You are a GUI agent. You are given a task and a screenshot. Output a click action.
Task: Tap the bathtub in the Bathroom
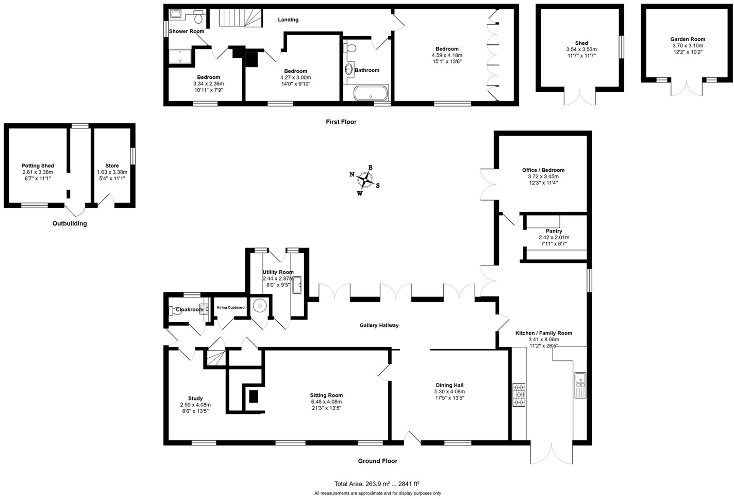tap(371, 94)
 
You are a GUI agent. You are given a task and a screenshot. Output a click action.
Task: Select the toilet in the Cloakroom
tap(172, 310)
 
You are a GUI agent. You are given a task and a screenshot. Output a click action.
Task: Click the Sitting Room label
tap(326, 395)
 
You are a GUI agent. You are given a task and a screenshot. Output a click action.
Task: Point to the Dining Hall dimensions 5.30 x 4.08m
tap(449, 392)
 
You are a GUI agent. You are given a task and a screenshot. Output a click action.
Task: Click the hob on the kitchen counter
tap(519, 395)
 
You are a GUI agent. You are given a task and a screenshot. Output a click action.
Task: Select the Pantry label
tap(554, 231)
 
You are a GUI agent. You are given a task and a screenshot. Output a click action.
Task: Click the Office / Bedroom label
tap(543, 170)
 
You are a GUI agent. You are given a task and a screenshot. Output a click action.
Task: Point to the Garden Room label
tap(688, 39)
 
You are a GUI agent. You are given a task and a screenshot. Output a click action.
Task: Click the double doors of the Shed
tap(580, 97)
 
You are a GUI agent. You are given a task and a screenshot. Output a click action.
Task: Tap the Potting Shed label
tap(38, 166)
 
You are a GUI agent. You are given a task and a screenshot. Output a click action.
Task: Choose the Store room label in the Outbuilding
tap(112, 166)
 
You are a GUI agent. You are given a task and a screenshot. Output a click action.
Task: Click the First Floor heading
tap(341, 122)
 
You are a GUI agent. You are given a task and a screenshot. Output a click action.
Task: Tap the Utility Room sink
tap(297, 284)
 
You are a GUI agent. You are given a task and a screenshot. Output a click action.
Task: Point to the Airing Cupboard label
tap(230, 308)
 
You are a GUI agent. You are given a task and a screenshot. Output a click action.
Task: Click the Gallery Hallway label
tap(379, 325)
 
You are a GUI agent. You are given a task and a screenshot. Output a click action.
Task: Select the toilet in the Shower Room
tap(198, 18)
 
